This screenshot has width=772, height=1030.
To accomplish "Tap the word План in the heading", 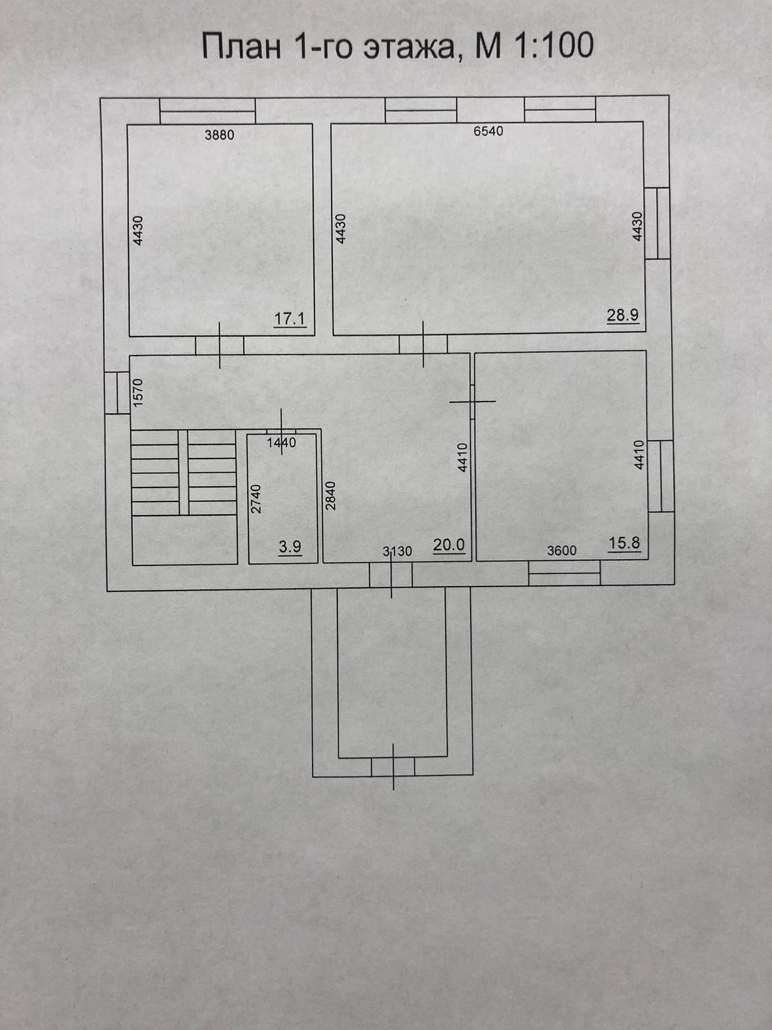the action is click(241, 47).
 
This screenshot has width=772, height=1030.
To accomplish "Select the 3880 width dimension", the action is click(220, 135).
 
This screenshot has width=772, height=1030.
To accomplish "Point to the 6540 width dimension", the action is click(488, 131).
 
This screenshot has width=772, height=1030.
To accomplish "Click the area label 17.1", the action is click(290, 319).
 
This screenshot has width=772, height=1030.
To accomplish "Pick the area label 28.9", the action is click(623, 315).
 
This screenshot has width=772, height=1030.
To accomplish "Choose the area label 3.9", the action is click(290, 547).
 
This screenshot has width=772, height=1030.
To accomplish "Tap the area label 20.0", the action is click(449, 545).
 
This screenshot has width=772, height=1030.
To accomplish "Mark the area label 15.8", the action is click(625, 543).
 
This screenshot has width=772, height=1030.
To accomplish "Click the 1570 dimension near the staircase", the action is click(139, 393).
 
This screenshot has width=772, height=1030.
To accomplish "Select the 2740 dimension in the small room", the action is click(256, 498).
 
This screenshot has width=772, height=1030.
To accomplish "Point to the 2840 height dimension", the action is click(330, 496).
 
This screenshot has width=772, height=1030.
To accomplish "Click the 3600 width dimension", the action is click(561, 551).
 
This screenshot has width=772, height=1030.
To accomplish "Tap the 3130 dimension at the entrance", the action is click(398, 552).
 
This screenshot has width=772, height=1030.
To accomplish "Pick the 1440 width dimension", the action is click(281, 443).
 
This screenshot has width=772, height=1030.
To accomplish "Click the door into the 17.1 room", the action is click(220, 346).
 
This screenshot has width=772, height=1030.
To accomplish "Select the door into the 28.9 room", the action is click(423, 345).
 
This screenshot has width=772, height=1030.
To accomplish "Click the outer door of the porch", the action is click(393, 766).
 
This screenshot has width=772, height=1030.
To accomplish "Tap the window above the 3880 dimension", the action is click(208, 111).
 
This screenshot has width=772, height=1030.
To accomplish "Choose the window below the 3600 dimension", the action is click(564, 573).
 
